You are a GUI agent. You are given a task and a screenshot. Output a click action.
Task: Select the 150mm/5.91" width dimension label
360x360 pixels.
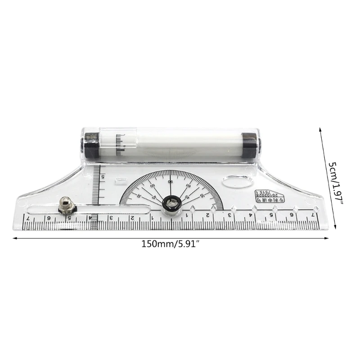tap(171, 244)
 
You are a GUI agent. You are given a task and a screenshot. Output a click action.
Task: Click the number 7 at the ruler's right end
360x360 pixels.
tap(312, 215)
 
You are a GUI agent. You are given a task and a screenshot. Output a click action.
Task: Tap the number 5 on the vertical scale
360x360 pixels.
tap(103, 177)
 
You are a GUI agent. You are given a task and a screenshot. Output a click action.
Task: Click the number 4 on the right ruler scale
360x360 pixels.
tap(251, 215)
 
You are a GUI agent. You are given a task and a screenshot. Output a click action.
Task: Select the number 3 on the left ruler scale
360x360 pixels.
tap(111, 218)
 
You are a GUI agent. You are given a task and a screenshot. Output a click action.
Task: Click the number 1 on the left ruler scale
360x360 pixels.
tap(152, 218)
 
